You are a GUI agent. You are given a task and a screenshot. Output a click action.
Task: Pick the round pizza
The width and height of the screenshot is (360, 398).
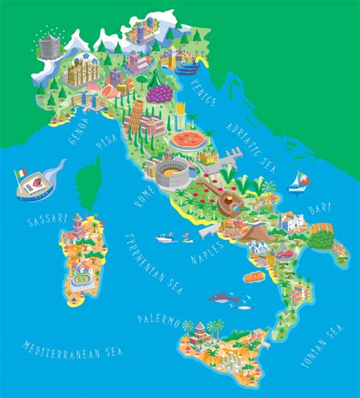(x=188, y=140)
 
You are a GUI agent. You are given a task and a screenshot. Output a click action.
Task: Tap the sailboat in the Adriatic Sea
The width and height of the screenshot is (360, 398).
(x=298, y=181)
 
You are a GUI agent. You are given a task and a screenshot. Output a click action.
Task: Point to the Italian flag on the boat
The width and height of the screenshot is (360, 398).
(x=20, y=174)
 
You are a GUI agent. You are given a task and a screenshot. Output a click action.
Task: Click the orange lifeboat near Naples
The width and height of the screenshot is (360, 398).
(x=254, y=278)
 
